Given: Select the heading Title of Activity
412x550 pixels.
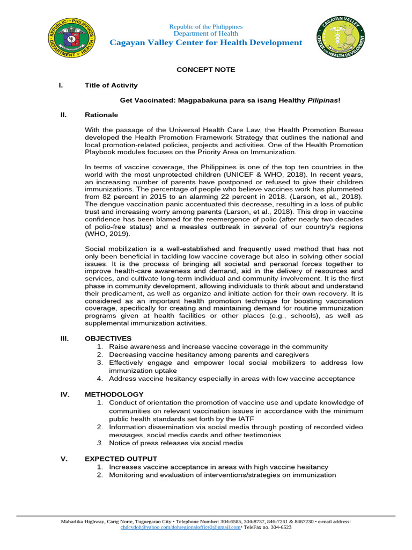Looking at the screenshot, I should click(x=111, y=85).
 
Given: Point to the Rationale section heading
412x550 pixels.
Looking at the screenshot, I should click(x=101, y=114).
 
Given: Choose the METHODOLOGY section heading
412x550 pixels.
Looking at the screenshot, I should click(x=114, y=394).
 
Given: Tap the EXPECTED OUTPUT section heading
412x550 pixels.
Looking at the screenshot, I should click(x=121, y=459).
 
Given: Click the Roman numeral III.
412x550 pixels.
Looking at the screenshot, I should click(x=64, y=338).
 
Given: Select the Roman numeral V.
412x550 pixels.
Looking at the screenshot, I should click(x=64, y=459).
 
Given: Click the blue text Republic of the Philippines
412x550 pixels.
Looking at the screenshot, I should click(x=206, y=27).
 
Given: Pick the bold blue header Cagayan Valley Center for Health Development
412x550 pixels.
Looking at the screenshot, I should click(x=206, y=42).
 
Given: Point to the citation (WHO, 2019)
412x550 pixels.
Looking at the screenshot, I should click(x=107, y=234).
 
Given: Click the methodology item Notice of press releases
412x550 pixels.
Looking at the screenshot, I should click(x=175, y=443).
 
